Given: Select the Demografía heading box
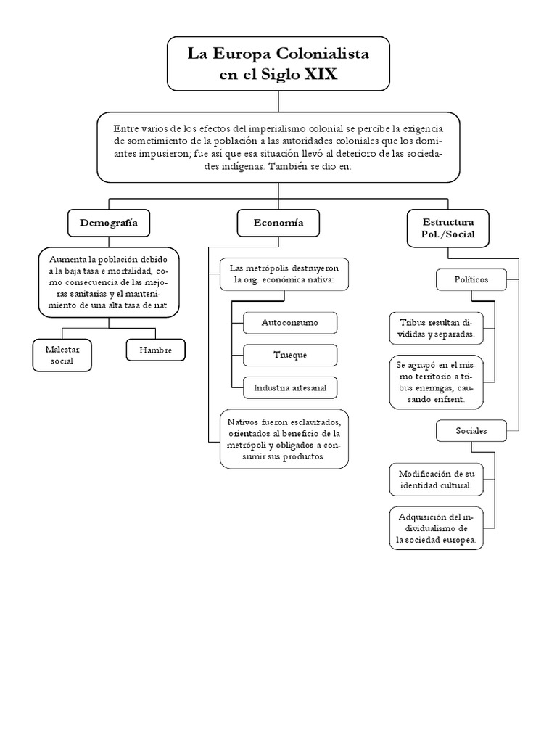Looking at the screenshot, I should pos(108,223).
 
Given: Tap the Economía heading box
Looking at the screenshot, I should pos(278,223).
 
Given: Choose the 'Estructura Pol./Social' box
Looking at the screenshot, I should pos(447,228).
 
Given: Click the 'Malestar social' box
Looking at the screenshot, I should pos(63,355).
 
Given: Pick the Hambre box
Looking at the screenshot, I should pos(154,350).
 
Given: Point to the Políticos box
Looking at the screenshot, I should pos(471,279).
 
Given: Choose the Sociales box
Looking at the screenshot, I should pos(471,431).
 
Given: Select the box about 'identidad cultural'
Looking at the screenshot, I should pos(435,480).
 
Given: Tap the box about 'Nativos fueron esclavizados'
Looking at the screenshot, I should pos(284,438).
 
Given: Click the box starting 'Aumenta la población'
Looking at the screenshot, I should pos(109,282).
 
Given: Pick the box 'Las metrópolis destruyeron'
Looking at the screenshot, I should pos(284,274).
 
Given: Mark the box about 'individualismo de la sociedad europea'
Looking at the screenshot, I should pos(436,528).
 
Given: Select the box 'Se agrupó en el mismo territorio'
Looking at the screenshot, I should pos(434,382).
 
